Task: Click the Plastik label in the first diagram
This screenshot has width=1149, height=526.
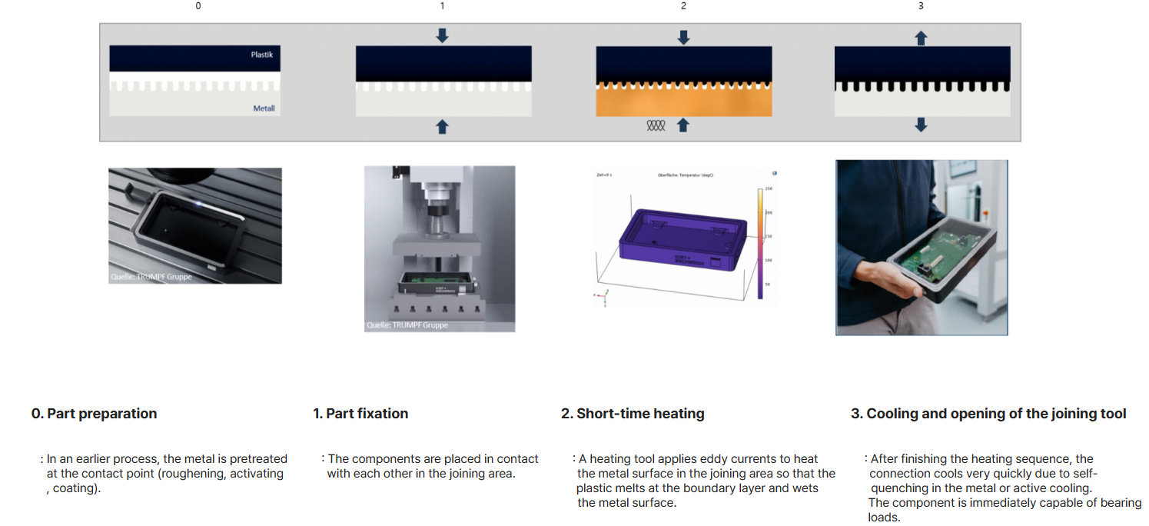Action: coord(261,55)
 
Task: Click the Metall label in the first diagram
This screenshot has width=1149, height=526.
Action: coord(264,109)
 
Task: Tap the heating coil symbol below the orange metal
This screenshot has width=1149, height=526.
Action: coord(656,125)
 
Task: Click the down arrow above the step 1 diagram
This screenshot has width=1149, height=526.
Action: coord(442,35)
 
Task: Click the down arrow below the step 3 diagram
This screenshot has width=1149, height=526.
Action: coord(922,125)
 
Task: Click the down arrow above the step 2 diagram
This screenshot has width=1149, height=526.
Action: coord(683,37)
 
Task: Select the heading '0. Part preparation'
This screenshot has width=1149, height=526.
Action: coord(94,414)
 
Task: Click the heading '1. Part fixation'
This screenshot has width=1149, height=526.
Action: coord(360,414)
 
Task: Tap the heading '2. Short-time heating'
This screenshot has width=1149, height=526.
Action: coord(633,414)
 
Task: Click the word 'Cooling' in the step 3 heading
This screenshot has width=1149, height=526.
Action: coord(892,414)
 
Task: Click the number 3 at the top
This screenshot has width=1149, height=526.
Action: coord(921,6)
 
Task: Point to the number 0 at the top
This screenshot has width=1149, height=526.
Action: coord(198,6)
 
